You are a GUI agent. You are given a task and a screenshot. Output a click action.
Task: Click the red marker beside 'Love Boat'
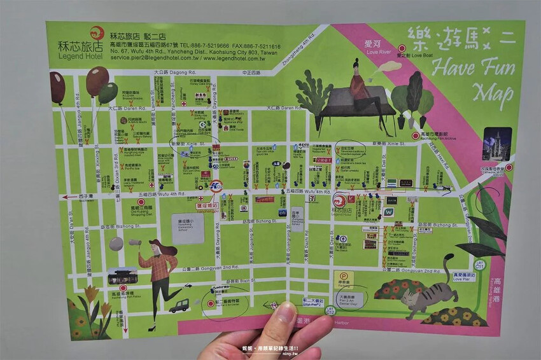point(402,48)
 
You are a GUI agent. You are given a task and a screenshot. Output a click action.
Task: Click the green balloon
point(108,93)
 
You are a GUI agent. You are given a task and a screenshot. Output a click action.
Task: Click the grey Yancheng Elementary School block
point(188,228)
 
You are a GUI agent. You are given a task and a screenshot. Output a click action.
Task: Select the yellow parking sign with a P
point(343,279)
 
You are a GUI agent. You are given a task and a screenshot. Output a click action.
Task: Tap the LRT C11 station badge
point(481,263)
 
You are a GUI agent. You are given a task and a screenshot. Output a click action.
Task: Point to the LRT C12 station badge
point(330,310)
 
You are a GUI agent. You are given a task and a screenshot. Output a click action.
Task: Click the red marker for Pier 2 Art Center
point(210,304)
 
